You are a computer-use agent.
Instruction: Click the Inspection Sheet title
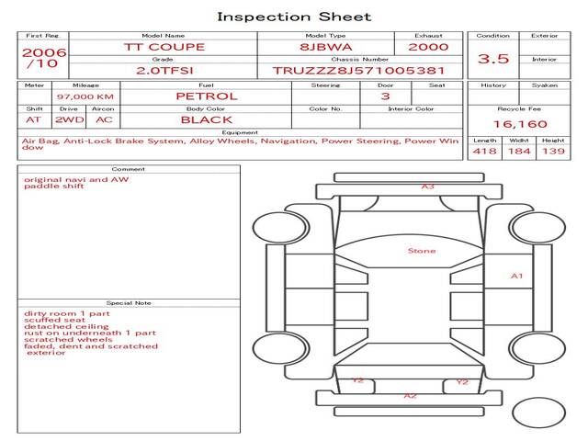294,17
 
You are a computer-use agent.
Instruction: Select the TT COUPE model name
164,47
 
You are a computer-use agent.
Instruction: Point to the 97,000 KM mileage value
85,96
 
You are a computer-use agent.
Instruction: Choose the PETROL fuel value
207,96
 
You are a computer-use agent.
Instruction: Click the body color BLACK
207,119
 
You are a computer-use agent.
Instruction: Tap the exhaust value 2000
428,47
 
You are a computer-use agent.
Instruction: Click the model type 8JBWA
326,47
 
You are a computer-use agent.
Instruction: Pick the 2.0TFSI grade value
164,70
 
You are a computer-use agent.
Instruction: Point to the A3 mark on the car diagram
427,187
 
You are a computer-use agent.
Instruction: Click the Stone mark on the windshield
422,251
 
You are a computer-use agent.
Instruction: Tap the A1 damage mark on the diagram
516,276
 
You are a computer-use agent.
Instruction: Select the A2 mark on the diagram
411,396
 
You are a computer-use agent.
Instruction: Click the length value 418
484,152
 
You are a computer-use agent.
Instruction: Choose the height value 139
553,152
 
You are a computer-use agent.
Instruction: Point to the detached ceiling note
58,326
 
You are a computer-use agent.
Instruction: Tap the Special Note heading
128,302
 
